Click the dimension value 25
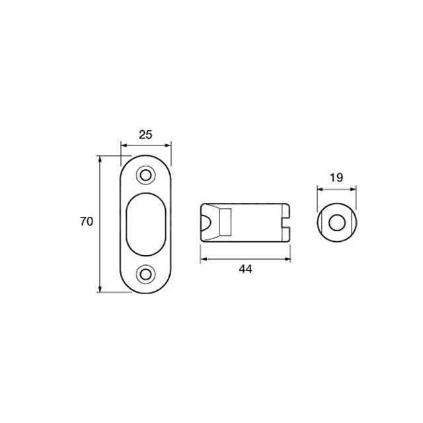145,134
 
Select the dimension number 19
336,177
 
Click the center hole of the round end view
336,223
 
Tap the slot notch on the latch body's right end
286,223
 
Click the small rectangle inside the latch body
225,223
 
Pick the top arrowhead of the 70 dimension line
100,159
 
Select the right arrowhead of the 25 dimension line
169,145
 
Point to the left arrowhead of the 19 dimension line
319,188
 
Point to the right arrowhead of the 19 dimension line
354,188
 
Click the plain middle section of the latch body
254,223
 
